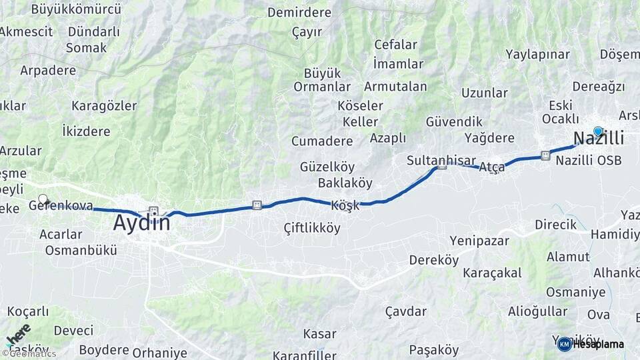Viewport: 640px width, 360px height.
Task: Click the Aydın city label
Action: [x=141, y=223]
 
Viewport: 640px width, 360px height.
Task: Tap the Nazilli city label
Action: [x=599, y=139]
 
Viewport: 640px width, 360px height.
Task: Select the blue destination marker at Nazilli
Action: [x=598, y=131]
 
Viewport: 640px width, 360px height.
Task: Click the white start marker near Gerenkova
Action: [x=43, y=199]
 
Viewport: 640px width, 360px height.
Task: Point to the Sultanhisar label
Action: [x=441, y=161]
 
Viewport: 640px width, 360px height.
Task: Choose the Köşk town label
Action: [x=345, y=205]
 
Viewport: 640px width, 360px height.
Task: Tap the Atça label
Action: [x=492, y=167]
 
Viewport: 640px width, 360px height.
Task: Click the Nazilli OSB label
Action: [x=588, y=160]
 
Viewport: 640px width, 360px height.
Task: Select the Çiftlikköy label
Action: [x=311, y=228]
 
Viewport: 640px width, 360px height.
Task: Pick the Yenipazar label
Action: [x=479, y=241]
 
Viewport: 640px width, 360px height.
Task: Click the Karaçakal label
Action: [x=491, y=274]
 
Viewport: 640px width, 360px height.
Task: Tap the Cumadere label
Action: [x=322, y=141]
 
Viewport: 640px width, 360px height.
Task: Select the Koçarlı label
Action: [x=28, y=311]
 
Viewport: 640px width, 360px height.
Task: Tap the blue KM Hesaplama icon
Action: [x=564, y=344]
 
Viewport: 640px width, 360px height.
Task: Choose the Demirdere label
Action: [x=299, y=12]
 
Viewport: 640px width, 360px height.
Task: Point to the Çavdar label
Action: [x=406, y=311]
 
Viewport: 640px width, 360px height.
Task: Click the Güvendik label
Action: [x=453, y=121]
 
